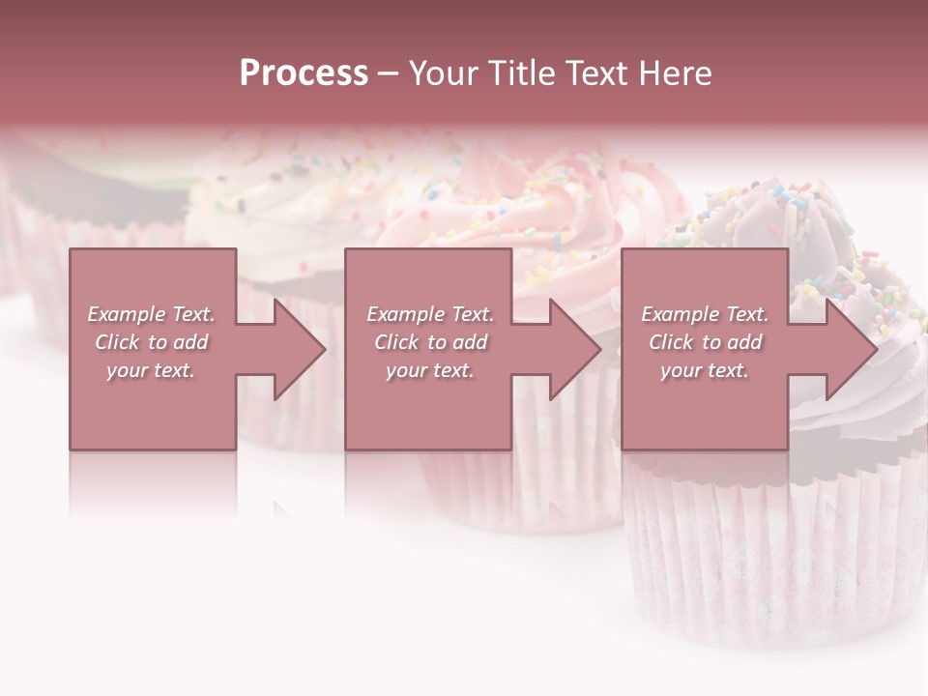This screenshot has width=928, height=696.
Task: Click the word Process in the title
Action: pos(304,73)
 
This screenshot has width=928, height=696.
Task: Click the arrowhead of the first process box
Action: pos(300,349)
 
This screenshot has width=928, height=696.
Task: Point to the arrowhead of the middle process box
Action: pos(575,349)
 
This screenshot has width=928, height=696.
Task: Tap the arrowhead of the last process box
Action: pos(852,349)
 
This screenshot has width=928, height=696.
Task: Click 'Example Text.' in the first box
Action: pos(151,314)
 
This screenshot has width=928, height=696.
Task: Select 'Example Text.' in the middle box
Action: pos(430,314)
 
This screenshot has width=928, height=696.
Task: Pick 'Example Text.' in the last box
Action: pos(705,314)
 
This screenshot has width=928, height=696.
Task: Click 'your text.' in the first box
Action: pos(151,370)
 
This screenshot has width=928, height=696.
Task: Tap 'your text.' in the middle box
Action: pos(430,370)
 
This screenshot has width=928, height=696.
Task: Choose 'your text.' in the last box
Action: pos(705,370)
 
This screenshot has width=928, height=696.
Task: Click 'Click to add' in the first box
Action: pos(151,342)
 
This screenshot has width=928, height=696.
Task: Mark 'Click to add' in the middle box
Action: pos(430,342)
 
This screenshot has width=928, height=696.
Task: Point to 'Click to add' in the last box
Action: pos(705,342)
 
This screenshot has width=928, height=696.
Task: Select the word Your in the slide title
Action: pos(444,73)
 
